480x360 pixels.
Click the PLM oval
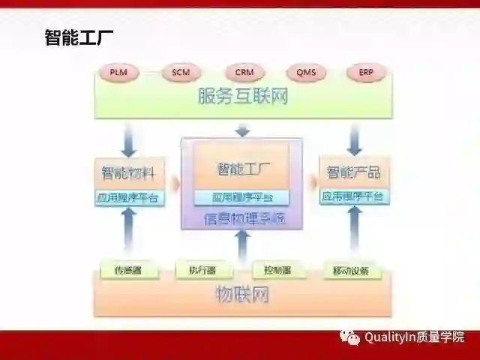tap(118, 73)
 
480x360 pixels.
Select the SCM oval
tap(181, 73)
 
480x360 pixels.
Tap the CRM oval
tap(244, 73)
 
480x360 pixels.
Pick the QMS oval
tap(305, 73)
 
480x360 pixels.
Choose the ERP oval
tap(365, 73)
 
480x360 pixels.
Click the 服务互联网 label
tap(242, 97)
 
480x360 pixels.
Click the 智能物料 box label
tap(128, 173)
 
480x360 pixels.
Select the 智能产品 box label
tap(353, 173)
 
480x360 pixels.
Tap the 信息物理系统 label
tap(243, 219)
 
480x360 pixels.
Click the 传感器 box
tap(128, 269)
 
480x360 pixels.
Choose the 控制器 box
tap(278, 269)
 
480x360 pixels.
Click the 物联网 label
tap(242, 295)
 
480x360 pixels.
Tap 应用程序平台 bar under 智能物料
tap(128, 199)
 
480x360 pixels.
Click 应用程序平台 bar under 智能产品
tap(353, 197)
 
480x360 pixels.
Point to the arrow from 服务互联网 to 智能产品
tap(355, 138)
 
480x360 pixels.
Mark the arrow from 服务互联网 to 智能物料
tap(129, 138)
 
